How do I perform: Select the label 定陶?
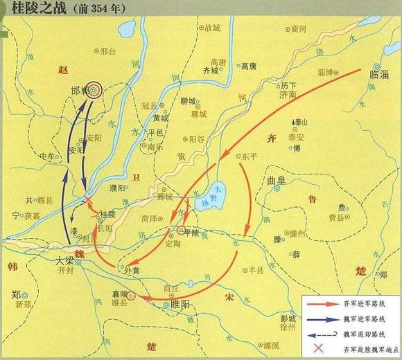(175, 243)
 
